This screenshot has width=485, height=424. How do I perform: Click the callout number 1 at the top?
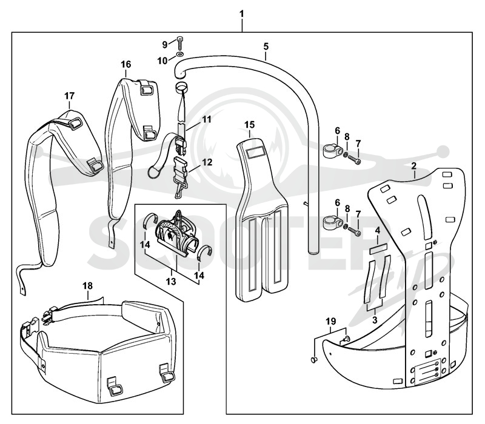pos(241,14)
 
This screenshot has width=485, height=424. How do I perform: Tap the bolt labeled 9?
pos(180,43)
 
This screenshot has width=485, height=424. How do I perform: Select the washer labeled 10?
pos(179,55)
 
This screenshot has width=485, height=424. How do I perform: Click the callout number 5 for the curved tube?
pos(266,47)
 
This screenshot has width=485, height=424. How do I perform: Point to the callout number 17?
pos(70,96)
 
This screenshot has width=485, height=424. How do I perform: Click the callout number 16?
pos(126,64)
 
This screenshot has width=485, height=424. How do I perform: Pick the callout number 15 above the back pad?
pos(250,125)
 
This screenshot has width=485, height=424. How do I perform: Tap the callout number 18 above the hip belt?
pos(87,286)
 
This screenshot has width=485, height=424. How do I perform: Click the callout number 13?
pos(171,281)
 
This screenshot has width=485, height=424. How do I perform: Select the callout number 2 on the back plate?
pos(414,166)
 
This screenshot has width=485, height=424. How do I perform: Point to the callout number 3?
pos(375,320)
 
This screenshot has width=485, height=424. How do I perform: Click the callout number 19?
pos(330,322)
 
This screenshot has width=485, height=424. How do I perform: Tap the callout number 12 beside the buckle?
pos(207,162)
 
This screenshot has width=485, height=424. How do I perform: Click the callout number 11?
pos(207,119)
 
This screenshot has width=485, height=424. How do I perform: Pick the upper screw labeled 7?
pos(355,160)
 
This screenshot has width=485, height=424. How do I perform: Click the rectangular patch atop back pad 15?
pos(255,153)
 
